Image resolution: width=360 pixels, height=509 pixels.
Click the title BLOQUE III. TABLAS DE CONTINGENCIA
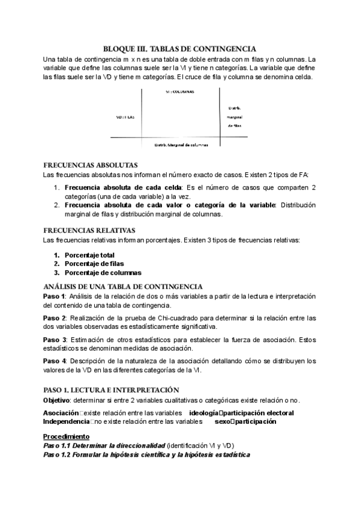180,49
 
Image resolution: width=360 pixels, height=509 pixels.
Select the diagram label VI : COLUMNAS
179,92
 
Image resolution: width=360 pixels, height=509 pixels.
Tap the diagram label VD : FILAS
125,118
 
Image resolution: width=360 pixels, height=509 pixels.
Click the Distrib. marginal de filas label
234,118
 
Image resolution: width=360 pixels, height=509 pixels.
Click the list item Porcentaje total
89,254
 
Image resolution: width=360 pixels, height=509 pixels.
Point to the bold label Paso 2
55,318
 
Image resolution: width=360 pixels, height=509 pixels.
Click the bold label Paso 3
55,339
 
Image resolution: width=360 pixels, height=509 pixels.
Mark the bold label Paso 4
55,361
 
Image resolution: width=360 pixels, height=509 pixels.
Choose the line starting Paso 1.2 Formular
146,454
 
